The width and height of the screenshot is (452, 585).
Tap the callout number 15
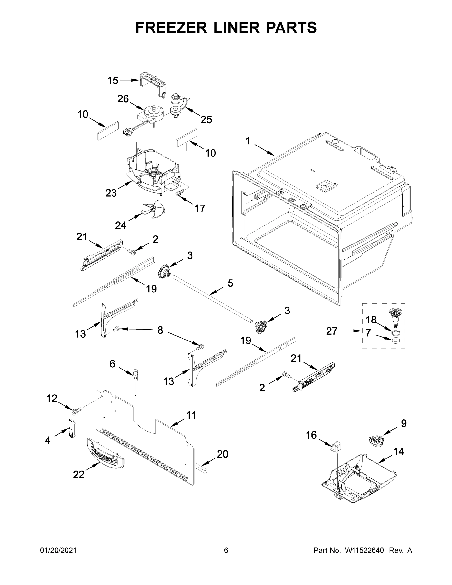(113, 80)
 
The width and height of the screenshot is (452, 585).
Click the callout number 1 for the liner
(248, 141)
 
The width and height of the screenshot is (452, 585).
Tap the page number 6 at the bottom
(226, 550)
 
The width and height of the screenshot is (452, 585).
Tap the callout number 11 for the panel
(191, 415)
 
